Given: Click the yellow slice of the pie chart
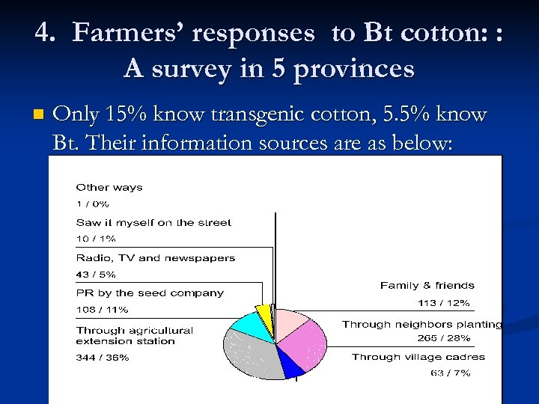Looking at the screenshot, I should click(x=263, y=312).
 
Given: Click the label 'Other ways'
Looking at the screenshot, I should click(x=109, y=187).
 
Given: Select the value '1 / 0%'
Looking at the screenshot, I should click(x=93, y=203).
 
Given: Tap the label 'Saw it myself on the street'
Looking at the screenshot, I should click(x=153, y=222).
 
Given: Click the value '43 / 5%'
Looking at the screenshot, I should click(x=96, y=275).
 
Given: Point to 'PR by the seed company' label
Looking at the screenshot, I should click(x=150, y=293).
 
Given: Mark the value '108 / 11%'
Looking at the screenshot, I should click(x=102, y=309).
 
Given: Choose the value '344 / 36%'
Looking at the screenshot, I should click(x=103, y=358).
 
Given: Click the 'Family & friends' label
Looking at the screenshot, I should click(x=427, y=285).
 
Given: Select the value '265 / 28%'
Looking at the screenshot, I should click(x=443, y=338).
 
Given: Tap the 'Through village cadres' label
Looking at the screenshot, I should click(x=418, y=357).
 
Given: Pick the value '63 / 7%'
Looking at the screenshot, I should click(x=450, y=373).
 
